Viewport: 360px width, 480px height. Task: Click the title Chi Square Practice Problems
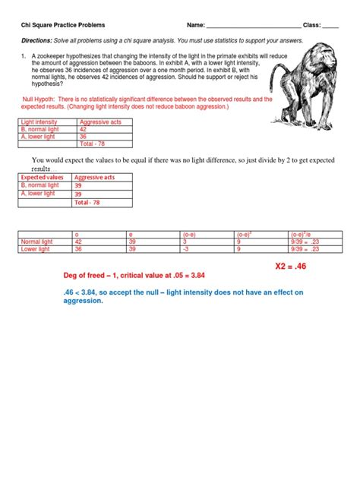63,25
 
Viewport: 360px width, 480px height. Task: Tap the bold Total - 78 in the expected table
86,203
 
